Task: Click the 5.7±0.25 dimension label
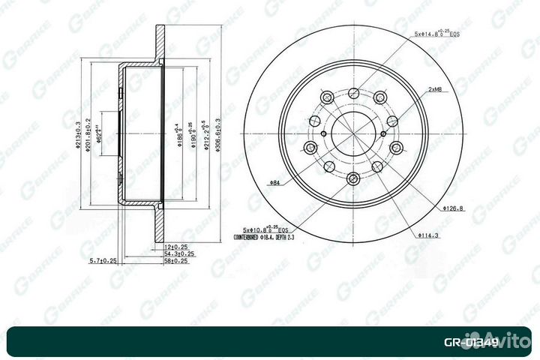click(x=102, y=261)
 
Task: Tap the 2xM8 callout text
click(x=434, y=89)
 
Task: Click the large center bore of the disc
click(x=352, y=135)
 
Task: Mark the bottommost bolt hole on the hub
click(x=352, y=178)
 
